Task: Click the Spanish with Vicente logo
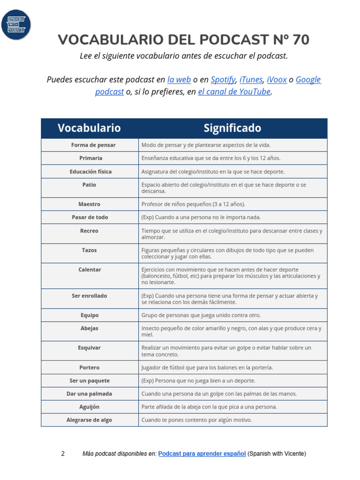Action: click(16, 24)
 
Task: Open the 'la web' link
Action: click(179, 80)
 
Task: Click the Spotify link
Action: click(223, 80)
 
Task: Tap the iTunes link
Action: click(251, 80)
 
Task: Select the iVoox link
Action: click(277, 80)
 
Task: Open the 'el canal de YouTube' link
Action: click(234, 92)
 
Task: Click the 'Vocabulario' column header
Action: click(89, 128)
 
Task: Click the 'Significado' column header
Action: click(232, 128)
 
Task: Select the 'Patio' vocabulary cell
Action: click(89, 185)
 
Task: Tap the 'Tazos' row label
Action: click(89, 250)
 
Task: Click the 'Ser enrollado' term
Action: click(89, 296)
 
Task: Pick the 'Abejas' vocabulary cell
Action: click(89, 329)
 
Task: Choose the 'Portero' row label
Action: click(89, 367)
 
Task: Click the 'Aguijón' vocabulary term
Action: click(89, 407)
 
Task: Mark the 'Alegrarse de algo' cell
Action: click(89, 420)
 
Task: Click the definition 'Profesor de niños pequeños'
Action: click(193, 204)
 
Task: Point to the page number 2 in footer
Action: click(63, 454)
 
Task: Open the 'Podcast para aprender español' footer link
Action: click(202, 454)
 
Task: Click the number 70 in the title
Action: click(300, 40)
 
